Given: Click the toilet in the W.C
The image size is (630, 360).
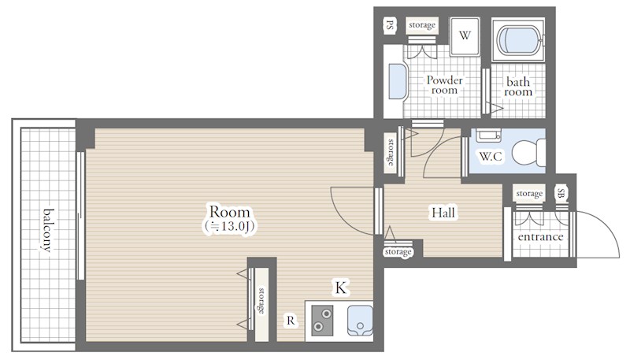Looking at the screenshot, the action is (x=529, y=153).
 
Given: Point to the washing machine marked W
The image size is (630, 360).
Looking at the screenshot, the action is (x=465, y=36).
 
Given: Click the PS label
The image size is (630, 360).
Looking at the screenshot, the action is (x=389, y=25).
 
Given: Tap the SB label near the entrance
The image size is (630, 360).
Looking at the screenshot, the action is (x=561, y=194).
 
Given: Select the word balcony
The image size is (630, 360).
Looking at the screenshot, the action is (x=48, y=230).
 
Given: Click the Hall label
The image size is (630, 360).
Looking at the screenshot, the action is (x=443, y=212).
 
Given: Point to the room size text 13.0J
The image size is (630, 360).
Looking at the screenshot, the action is (x=229, y=226).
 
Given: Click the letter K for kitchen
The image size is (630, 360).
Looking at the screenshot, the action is (x=341, y=288).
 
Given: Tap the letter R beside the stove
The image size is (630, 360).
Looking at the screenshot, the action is (x=291, y=321).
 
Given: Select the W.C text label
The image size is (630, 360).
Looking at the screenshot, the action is (x=491, y=156).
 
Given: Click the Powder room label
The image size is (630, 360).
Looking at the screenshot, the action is (x=444, y=85).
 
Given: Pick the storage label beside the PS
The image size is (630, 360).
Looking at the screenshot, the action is (x=422, y=25).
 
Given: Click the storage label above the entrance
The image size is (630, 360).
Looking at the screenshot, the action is (x=529, y=194).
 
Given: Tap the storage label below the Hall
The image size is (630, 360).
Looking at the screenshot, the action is (x=398, y=252).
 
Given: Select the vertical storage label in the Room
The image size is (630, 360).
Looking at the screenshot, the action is (x=261, y=301).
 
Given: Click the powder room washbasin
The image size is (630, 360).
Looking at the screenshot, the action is (x=398, y=82).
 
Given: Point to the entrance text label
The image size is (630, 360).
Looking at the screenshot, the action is (x=540, y=237).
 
